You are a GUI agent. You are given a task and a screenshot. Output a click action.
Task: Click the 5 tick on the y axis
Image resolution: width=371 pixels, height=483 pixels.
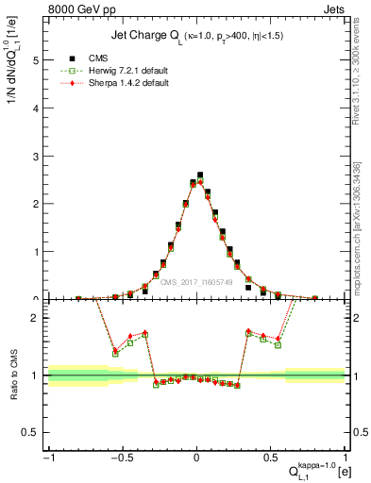34,59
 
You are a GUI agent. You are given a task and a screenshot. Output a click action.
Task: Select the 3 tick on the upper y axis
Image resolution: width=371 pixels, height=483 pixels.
34,156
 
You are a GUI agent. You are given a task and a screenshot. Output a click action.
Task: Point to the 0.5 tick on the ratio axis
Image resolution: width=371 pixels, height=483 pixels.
30,432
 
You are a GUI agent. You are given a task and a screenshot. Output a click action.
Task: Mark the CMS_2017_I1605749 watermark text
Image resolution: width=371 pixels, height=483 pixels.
195,281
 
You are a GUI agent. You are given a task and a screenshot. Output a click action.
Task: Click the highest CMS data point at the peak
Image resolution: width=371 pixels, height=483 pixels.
200,175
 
